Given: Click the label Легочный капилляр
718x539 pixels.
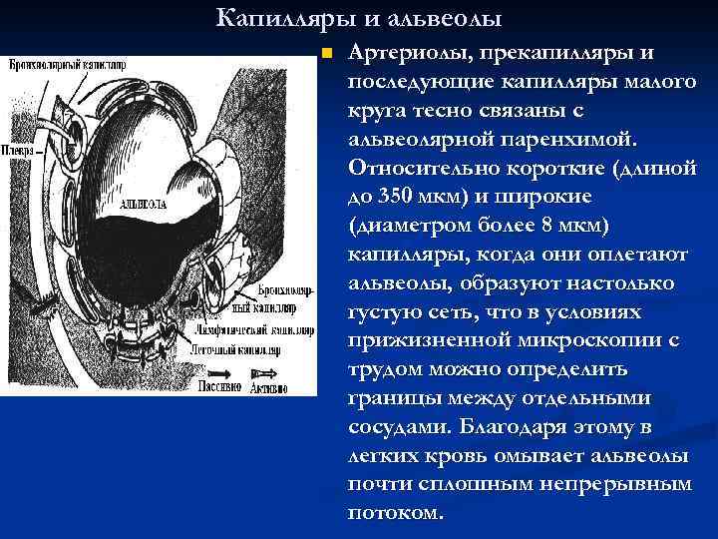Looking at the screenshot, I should (238, 348).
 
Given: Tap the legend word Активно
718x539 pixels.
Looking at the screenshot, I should (270, 384).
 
